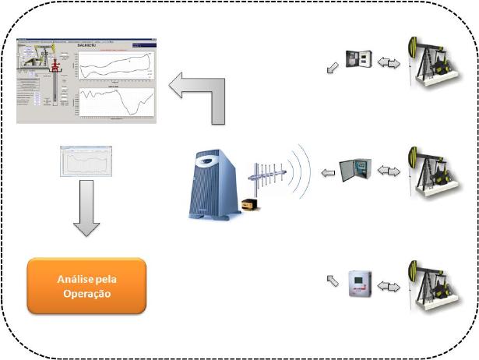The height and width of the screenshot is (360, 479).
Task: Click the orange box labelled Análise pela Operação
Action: (86, 285)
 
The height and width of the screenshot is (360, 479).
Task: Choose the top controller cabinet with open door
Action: (360, 61)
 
